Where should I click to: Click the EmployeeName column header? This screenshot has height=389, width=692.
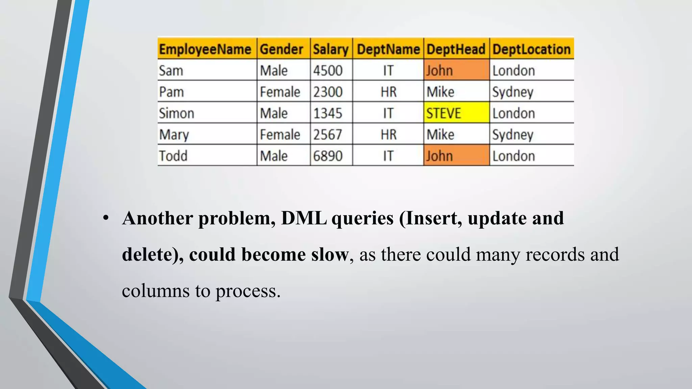pos(205,49)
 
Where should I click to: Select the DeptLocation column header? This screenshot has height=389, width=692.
pos(531,49)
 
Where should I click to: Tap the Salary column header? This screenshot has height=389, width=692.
pos(330,49)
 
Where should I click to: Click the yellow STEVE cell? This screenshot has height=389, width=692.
pos(456,113)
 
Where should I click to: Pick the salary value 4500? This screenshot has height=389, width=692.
pos(327,71)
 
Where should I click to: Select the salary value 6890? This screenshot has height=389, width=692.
pos(327,156)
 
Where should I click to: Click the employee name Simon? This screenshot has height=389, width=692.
pos(176,113)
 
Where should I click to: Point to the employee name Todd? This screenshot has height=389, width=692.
pos(173,156)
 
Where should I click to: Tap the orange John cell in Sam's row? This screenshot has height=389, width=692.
pos(456,71)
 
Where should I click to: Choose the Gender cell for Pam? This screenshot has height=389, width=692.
pos(280,92)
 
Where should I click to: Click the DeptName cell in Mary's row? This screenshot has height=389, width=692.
pos(388,134)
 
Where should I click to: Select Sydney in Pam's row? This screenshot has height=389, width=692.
pos(513,92)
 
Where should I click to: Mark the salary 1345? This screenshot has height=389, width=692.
pos(327,113)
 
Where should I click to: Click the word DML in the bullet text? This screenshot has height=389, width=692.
pos(304,218)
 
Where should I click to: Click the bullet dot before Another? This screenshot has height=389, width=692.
pos(106,218)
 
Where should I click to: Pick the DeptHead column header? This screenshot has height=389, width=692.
pos(456,49)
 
